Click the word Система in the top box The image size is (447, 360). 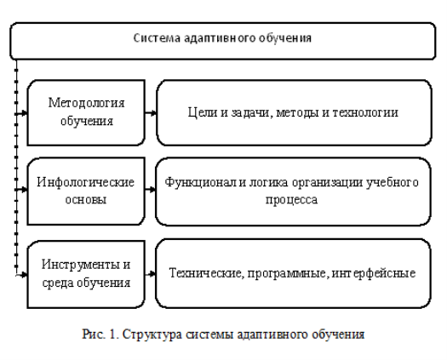pyautogui.click(x=157, y=38)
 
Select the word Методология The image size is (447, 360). pyautogui.click(x=86, y=103)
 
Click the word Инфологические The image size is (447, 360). pyautogui.click(x=85, y=182)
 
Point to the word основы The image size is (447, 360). pyautogui.click(x=86, y=199)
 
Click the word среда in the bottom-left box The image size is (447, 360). pyautogui.click(x=58, y=283)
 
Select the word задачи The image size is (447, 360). pyautogui.click(x=249, y=113)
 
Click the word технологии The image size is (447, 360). pyautogui.click(x=365, y=112)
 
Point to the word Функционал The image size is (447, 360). pyautogui.click(x=201, y=182)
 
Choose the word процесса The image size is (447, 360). pyautogui.click(x=292, y=199)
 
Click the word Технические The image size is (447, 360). pyautogui.click(x=207, y=273)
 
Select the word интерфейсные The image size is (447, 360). pyautogui.click(x=374, y=274)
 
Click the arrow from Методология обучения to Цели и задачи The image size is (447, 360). pyautogui.click(x=151, y=113)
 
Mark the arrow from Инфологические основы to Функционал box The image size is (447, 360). pyautogui.click(x=150, y=189)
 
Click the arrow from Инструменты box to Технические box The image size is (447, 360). pyautogui.click(x=150, y=274)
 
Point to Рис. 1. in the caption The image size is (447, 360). pyautogui.click(x=100, y=334)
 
